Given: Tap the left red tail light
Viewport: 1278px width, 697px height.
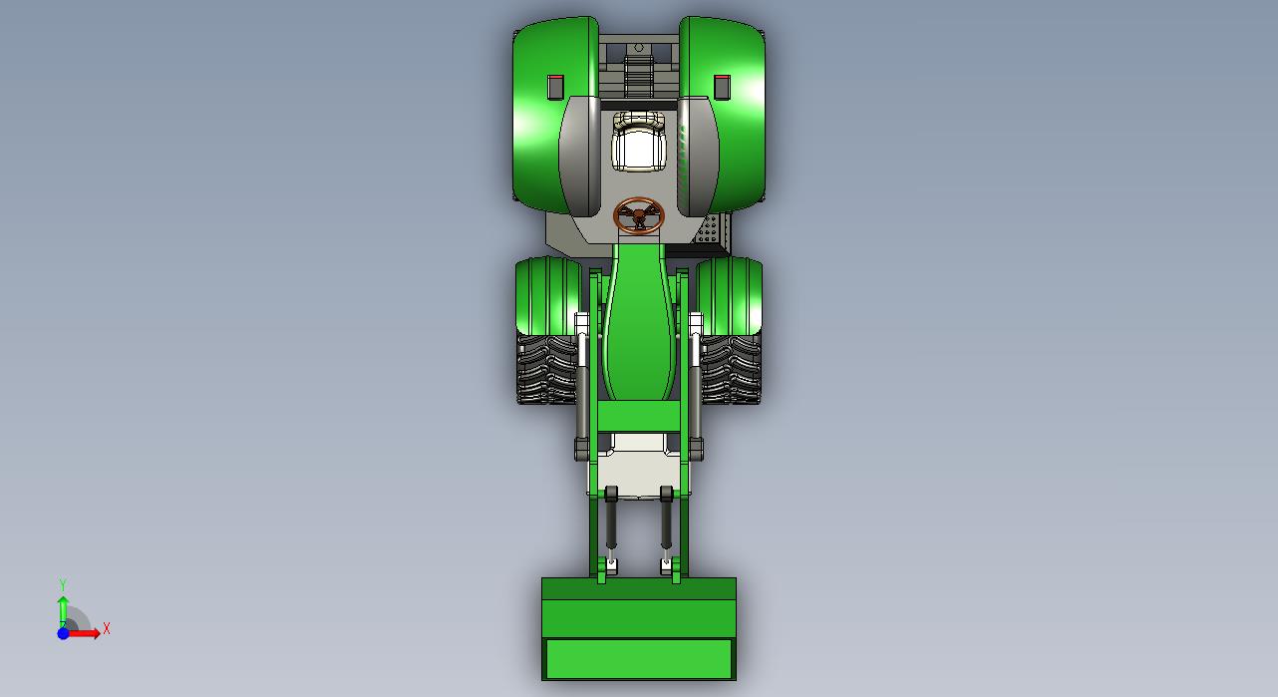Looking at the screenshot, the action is tap(555, 87).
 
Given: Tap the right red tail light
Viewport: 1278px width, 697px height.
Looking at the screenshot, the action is tap(723, 87).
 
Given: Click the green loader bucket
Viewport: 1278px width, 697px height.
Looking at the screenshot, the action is tap(639, 628).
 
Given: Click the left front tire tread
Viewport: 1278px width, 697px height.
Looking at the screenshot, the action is tap(546, 369).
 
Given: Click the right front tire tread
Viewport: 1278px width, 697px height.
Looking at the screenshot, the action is tap(732, 369).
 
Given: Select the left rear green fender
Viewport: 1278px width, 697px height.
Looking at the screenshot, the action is tap(547, 114).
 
